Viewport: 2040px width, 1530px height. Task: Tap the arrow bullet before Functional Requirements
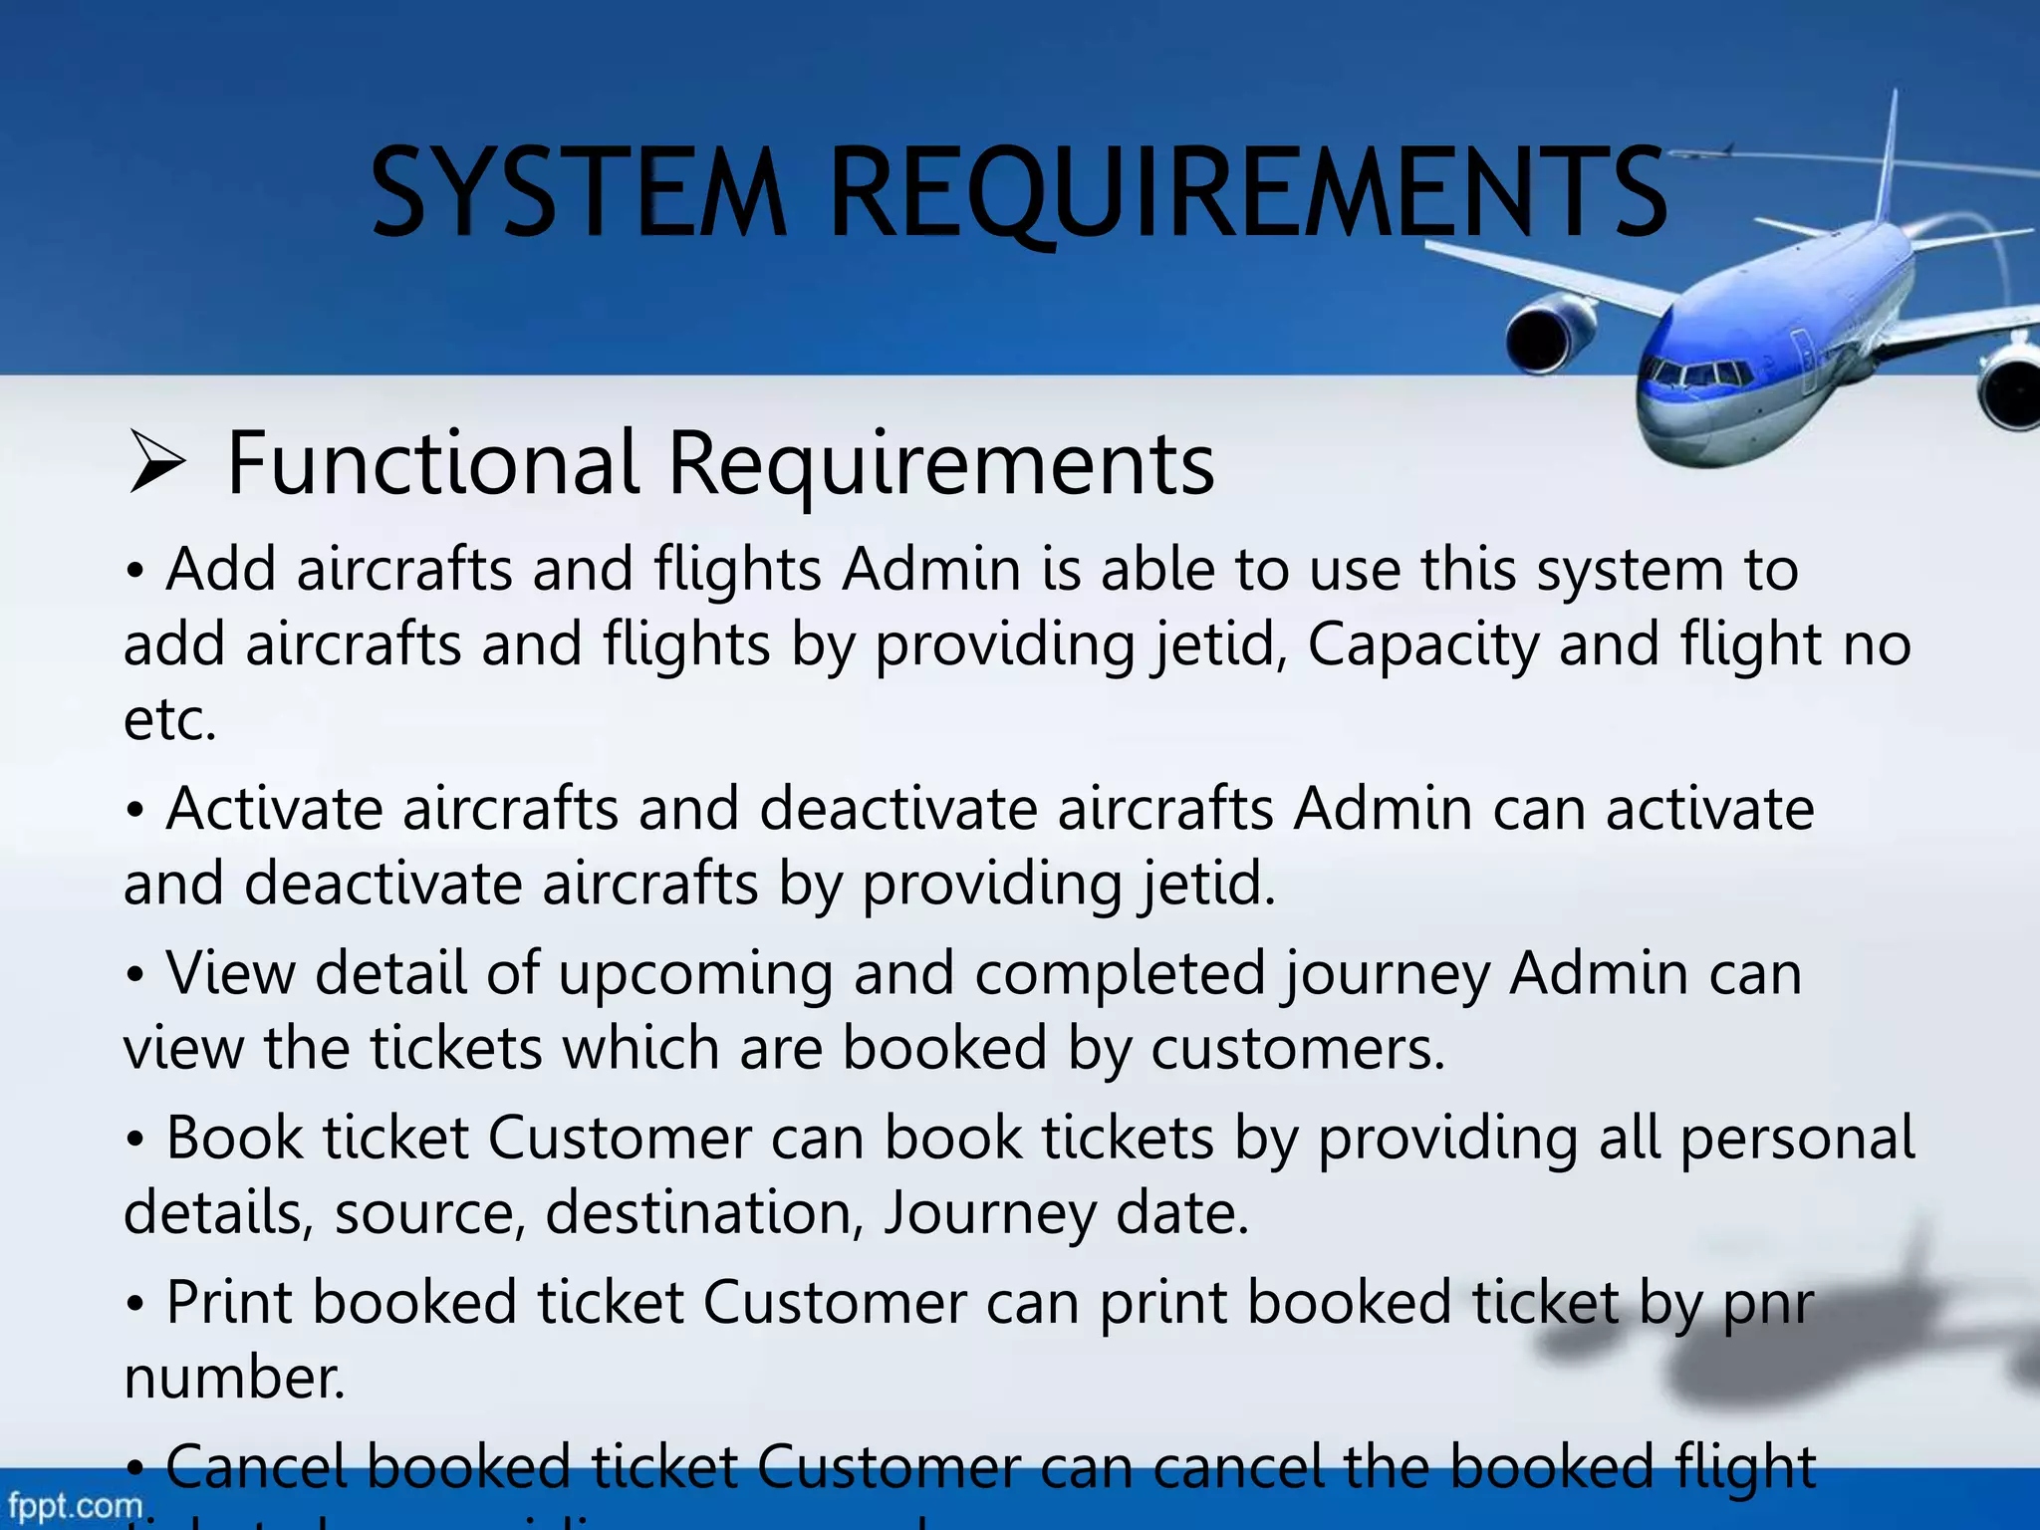click(x=157, y=463)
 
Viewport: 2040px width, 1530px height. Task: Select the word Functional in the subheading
click(x=432, y=463)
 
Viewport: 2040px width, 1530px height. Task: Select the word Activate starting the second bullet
click(x=274, y=809)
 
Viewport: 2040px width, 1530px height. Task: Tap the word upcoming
click(x=695, y=974)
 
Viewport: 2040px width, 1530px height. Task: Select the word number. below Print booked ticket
click(x=234, y=1380)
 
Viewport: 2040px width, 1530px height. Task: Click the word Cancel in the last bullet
click(x=256, y=1467)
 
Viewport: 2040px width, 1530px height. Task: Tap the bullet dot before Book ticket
click(x=136, y=1140)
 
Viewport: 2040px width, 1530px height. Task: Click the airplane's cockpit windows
click(x=1698, y=377)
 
